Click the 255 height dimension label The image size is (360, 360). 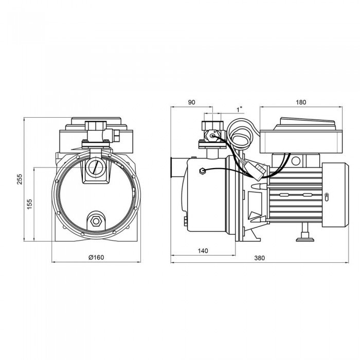20,179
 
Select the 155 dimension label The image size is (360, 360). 30,204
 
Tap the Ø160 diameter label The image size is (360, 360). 96,257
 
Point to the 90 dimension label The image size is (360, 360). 191,102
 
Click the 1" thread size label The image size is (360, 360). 240,110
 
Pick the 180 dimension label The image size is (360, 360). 301,102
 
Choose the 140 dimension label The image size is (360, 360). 203,251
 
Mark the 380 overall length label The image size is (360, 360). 259,258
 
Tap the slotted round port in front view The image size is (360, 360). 96,168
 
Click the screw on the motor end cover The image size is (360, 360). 327,196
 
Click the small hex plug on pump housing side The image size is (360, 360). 202,171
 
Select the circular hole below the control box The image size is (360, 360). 296,161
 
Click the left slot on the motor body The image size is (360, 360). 285,195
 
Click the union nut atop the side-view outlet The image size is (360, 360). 212,125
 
